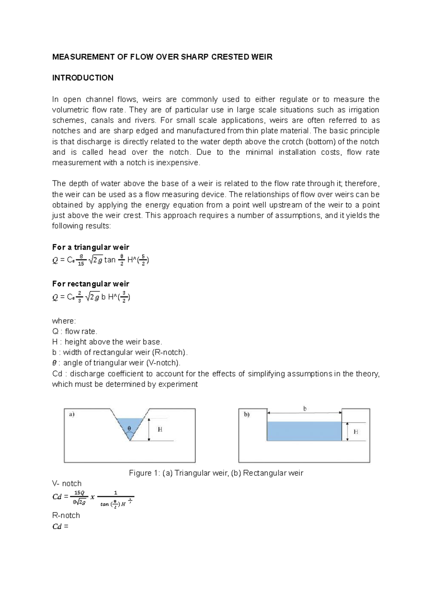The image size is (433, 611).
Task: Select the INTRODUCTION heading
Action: click(x=83, y=78)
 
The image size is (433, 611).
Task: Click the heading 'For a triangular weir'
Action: click(x=91, y=247)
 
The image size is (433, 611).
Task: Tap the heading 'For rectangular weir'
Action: click(x=91, y=284)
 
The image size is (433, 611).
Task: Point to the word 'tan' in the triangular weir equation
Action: click(x=110, y=260)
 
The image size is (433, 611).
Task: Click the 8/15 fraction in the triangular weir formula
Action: click(x=81, y=260)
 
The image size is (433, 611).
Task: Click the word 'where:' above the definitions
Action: click(x=64, y=321)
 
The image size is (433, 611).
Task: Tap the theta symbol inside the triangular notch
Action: click(x=129, y=429)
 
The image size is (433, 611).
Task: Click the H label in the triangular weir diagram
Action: click(x=160, y=429)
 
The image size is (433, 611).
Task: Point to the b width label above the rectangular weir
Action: click(x=305, y=409)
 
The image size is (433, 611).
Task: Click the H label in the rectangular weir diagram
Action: click(x=356, y=431)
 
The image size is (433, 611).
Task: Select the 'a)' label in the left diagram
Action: click(x=71, y=414)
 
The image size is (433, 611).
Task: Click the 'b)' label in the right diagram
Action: click(x=246, y=414)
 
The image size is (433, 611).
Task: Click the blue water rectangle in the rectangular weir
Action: click(x=304, y=431)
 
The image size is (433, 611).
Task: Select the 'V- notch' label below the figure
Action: click(x=67, y=483)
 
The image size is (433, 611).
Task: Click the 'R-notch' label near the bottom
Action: click(x=66, y=515)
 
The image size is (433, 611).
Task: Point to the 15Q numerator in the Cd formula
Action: click(x=79, y=493)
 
